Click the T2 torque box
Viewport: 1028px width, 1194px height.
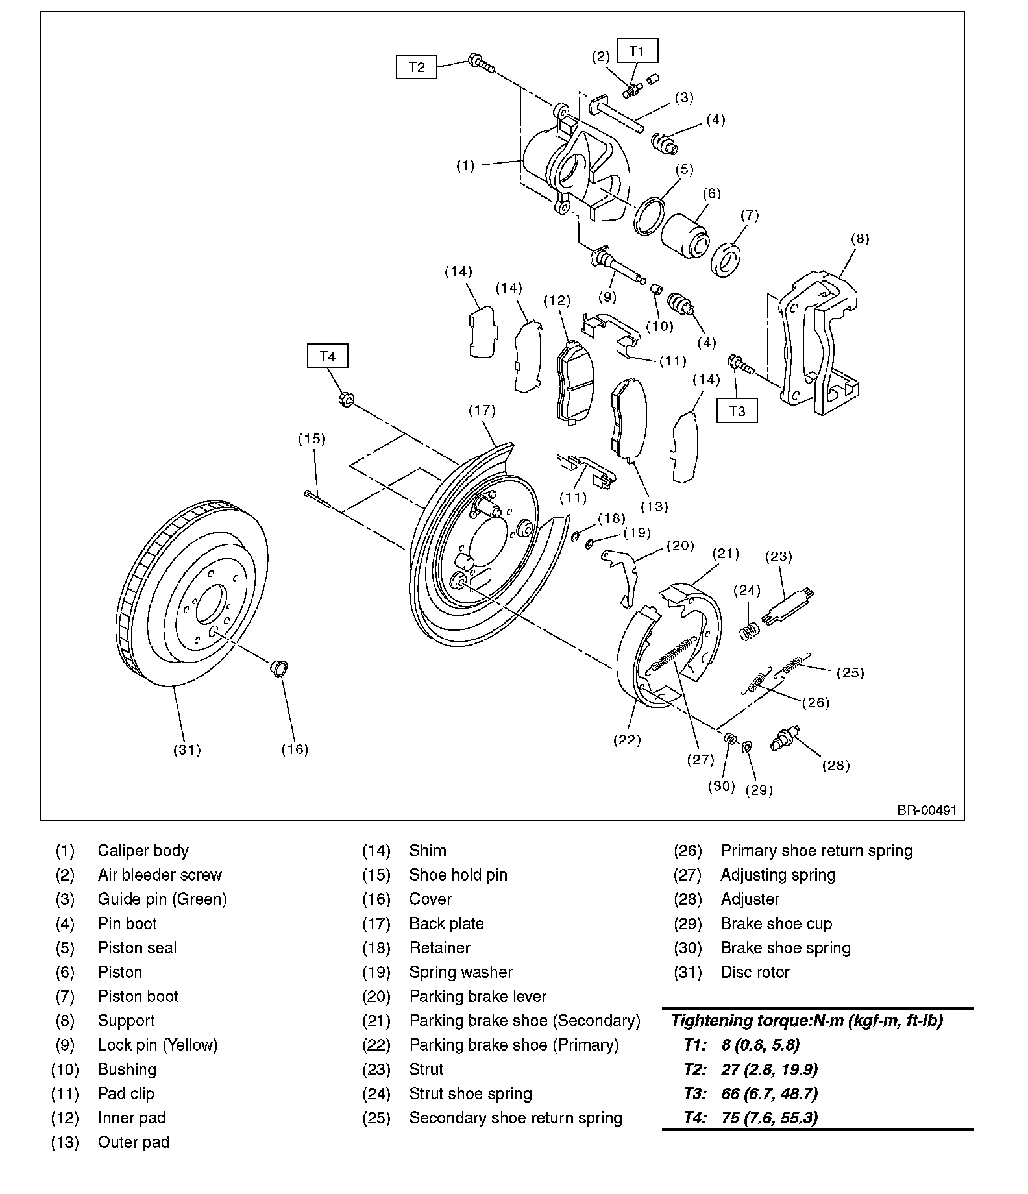click(x=416, y=67)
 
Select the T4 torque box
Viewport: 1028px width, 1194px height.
click(x=327, y=356)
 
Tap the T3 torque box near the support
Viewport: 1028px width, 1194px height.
click(x=737, y=411)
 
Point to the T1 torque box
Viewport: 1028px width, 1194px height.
click(x=637, y=51)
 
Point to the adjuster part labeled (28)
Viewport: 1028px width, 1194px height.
click(x=785, y=739)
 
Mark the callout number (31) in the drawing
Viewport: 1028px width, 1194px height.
click(x=187, y=750)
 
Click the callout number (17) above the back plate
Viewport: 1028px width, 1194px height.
click(x=482, y=410)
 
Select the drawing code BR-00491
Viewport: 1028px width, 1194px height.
click(x=927, y=810)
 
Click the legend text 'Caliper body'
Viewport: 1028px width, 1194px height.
click(x=143, y=851)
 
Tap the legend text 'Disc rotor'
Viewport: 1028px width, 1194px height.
click(x=755, y=972)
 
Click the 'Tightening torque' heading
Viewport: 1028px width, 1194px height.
click(x=807, y=1021)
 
